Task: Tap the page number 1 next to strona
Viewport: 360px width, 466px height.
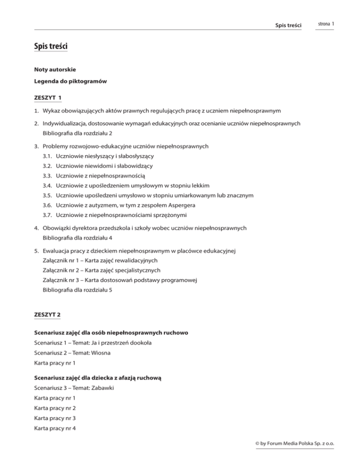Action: pos(332,23)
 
